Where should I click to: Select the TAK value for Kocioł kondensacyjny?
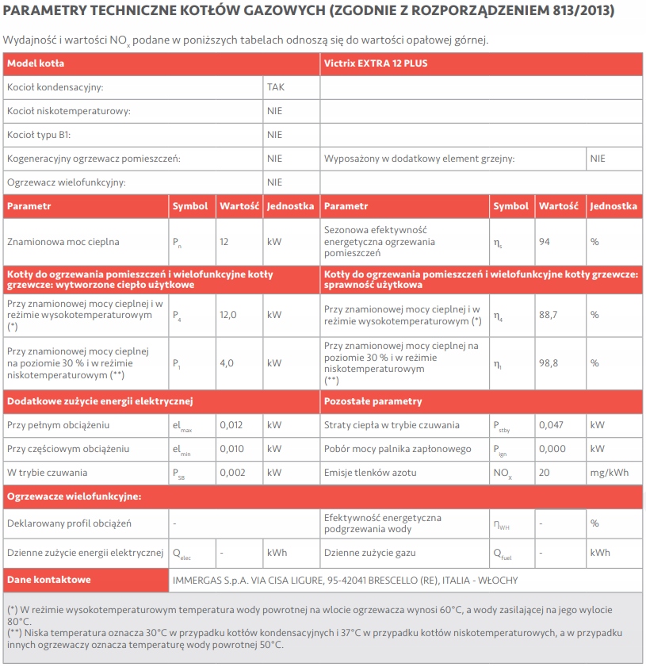275,87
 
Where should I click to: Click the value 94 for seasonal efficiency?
545,241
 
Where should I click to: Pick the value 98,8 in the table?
549,363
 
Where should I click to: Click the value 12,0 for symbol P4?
228,315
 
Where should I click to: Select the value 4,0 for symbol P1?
227,363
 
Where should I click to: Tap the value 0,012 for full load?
231,425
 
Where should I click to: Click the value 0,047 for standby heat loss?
551,425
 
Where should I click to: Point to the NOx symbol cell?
503,473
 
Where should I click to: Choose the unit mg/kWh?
610,473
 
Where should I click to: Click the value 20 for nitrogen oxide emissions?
545,473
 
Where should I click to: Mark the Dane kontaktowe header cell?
48,580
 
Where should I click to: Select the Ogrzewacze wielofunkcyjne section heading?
74,496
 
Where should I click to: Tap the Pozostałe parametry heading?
373,401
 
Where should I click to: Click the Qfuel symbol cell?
503,553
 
